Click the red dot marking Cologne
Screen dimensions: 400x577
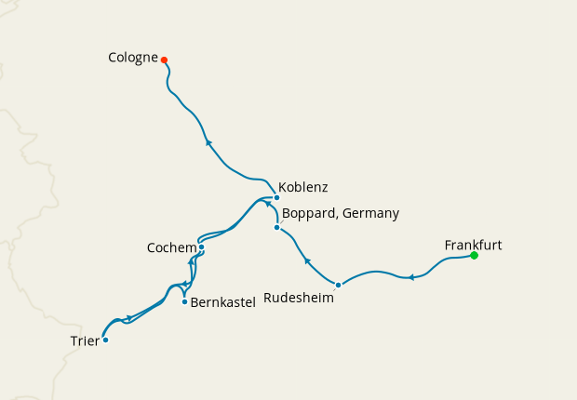point(164,60)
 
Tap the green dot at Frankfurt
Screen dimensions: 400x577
point(474,255)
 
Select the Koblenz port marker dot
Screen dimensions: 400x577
point(276,197)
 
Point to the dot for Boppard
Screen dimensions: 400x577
point(276,228)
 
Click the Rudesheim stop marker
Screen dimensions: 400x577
point(338,285)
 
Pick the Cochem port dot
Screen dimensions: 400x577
point(201,247)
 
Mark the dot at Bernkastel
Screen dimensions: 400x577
point(184,301)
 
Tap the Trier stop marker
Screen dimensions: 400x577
point(105,340)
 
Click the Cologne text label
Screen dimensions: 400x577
point(133,58)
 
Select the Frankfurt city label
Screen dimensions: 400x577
point(473,245)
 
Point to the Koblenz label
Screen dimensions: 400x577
point(303,186)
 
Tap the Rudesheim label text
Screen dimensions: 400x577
point(299,298)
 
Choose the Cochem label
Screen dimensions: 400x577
point(171,248)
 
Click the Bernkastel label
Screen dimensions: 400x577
point(223,302)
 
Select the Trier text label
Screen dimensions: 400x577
point(85,340)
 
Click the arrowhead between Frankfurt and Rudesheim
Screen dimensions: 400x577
point(410,277)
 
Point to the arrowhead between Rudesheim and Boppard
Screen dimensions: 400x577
point(307,260)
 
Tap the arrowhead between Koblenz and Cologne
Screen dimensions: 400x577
point(208,143)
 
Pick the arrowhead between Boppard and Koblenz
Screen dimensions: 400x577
point(268,205)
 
